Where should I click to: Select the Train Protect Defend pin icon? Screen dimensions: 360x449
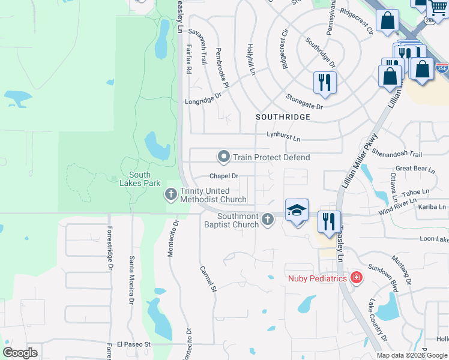click(224, 157)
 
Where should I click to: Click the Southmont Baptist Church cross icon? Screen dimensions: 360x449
click(268, 220)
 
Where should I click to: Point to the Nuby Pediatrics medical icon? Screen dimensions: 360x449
click(357, 278)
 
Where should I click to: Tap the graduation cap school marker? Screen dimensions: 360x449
click(297, 211)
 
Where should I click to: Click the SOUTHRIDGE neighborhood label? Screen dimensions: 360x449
click(283, 117)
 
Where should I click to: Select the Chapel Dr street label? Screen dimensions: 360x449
click(224, 176)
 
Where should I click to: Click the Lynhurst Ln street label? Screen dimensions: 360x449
click(283, 139)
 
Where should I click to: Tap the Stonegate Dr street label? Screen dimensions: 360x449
click(304, 103)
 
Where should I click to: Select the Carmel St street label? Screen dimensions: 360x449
click(208, 280)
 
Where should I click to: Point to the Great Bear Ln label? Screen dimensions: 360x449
click(415, 169)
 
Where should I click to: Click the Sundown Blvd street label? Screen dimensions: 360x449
click(382, 278)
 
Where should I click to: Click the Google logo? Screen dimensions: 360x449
click(20, 352)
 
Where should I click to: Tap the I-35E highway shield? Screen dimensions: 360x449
click(441, 68)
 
